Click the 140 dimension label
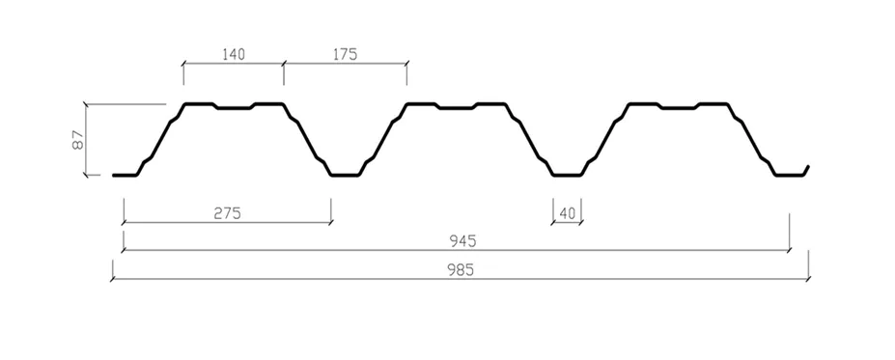click(234, 54)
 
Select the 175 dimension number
click(345, 54)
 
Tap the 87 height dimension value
click(78, 140)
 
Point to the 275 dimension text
click(228, 213)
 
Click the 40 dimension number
click(567, 214)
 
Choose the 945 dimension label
click(462, 241)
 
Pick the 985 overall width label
click(461, 270)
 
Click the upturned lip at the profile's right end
click(805, 171)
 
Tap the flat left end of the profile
click(125, 175)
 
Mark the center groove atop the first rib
click(234, 108)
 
